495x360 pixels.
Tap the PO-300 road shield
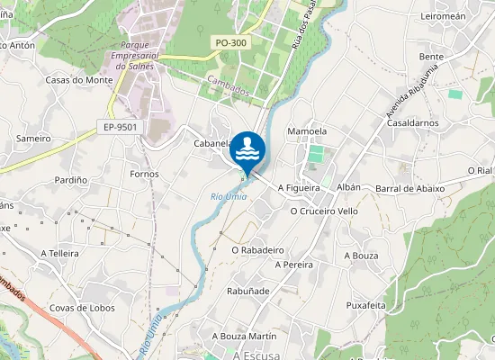pyautogui.click(x=232, y=42)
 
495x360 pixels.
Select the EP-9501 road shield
pyautogui.click(x=121, y=127)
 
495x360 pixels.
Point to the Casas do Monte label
pyautogui.click(x=78, y=80)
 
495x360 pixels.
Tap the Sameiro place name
pyautogui.click(x=33, y=139)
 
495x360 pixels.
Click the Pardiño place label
pyautogui.click(x=70, y=180)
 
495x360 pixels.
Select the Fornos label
pyautogui.click(x=144, y=174)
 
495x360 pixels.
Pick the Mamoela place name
pyautogui.click(x=306, y=131)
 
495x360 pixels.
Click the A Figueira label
pyautogui.click(x=299, y=188)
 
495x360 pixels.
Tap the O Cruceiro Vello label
pyautogui.click(x=324, y=211)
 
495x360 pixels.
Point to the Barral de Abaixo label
pyautogui.click(x=410, y=188)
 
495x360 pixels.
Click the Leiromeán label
pyautogui.click(x=443, y=16)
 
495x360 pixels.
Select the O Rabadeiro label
pyautogui.click(x=257, y=249)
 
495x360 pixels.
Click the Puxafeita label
pyautogui.click(x=365, y=305)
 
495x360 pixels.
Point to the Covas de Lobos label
pyautogui.click(x=81, y=308)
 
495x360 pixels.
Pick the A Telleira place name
pyautogui.click(x=60, y=254)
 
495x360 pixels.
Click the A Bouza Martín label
pyautogui.click(x=244, y=336)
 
